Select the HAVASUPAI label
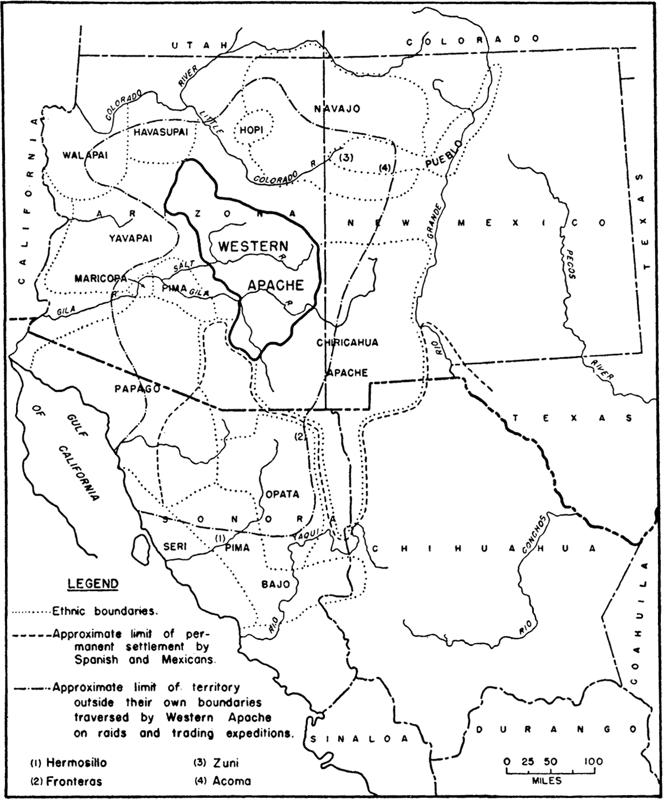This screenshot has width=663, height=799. pyautogui.click(x=161, y=132)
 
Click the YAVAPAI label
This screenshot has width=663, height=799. pyautogui.click(x=130, y=238)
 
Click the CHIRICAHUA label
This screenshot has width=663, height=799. pyautogui.click(x=348, y=343)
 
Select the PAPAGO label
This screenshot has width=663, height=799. pyautogui.click(x=137, y=388)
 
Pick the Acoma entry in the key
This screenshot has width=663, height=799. pyautogui.click(x=229, y=781)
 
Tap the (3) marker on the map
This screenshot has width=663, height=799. pyautogui.click(x=346, y=157)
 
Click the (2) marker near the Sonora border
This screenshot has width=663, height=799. pyautogui.click(x=299, y=437)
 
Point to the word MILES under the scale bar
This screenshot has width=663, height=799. pyautogui.click(x=547, y=781)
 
